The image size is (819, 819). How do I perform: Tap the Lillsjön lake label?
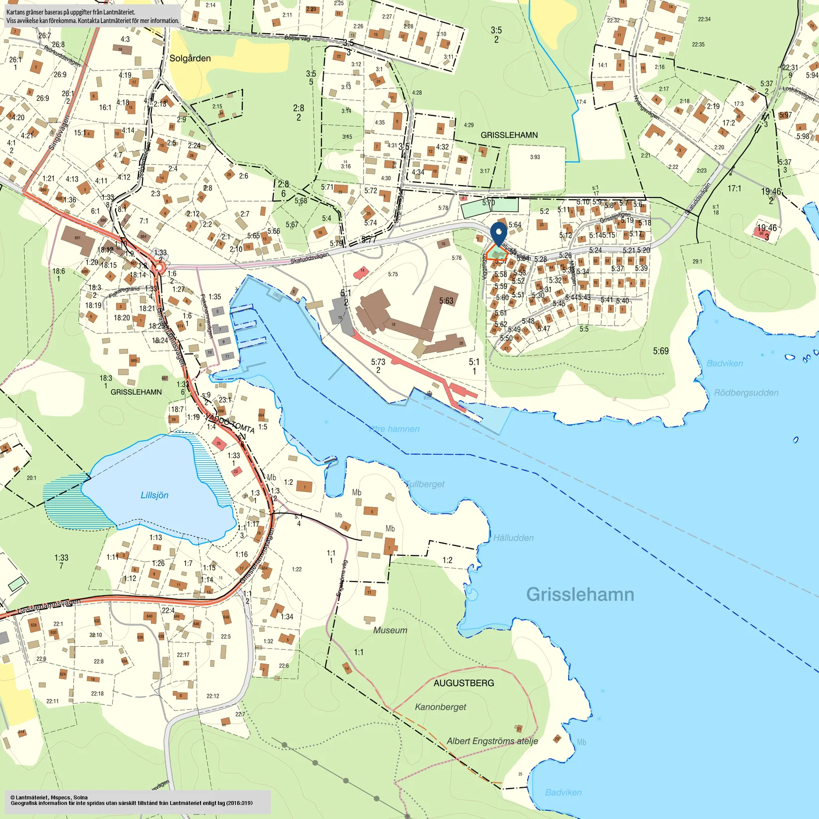154,495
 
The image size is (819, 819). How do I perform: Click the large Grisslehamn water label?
580,594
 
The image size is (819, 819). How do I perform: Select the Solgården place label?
190,59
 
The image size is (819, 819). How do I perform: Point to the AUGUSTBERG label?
464,683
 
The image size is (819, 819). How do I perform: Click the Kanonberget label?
440,707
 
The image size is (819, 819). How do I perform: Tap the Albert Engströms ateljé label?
492,741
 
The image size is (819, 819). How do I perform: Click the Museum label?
390,630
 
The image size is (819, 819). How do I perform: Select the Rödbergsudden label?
746,393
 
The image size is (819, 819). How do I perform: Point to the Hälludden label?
513,538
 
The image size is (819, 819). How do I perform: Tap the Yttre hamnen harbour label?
395,429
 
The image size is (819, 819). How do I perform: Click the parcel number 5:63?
446,301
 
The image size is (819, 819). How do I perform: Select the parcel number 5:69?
660,351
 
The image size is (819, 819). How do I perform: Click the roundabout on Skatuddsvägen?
159,269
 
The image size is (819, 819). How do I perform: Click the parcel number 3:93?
535,157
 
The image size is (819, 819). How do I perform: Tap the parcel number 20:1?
31,478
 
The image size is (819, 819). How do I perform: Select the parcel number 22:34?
704,19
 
